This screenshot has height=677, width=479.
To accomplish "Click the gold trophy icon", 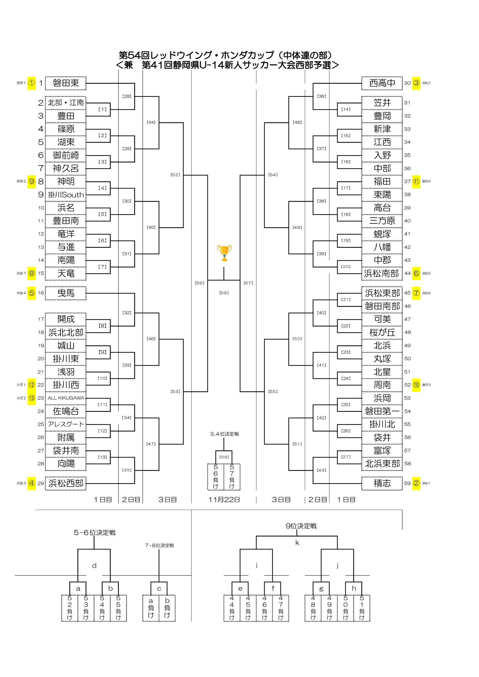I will point(224,253).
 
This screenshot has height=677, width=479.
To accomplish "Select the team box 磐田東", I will point(66,83).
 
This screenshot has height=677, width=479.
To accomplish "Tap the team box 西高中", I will point(382,83).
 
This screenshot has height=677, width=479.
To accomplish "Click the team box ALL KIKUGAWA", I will point(66,398).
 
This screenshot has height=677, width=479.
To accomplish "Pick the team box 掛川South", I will point(66,195).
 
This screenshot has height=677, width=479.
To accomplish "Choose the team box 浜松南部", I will point(382,273).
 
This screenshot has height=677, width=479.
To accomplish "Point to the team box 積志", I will point(382,483).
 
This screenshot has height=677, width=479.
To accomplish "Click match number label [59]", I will point(224,293).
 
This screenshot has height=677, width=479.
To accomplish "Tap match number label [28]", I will point(127,96).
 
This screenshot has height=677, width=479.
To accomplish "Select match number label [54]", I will point(273,175).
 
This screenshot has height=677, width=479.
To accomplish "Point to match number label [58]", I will point(224,457).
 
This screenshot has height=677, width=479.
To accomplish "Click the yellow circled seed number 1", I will point(32,83).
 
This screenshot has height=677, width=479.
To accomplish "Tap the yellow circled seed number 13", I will point(32,398).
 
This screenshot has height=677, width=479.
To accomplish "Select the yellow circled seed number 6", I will point(416,273).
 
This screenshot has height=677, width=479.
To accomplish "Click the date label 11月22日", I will point(224,500).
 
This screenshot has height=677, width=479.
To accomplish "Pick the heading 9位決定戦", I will point(301,526).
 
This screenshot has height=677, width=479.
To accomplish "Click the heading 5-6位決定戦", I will point(94,533).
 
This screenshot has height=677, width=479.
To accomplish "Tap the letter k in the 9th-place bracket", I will point(297,543).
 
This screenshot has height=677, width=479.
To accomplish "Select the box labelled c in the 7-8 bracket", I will point(159,589).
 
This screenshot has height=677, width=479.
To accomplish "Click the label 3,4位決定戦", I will point(224,434).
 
